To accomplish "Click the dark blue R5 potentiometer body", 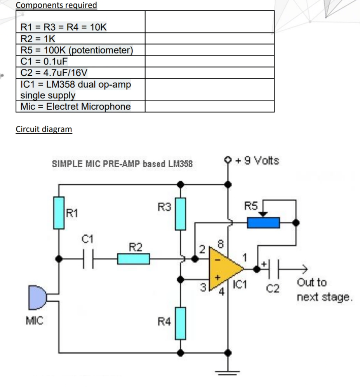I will (x=263, y=222).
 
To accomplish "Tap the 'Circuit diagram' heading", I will (x=44, y=129).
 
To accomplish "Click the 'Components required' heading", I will (x=56, y=5).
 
